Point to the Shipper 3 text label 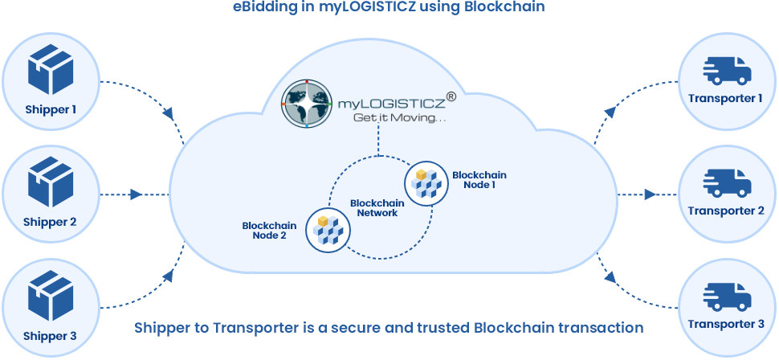point(51,336)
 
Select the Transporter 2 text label point(727,211)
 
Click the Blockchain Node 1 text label point(479,180)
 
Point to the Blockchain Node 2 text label point(269,231)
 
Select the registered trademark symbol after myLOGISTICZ point(451,96)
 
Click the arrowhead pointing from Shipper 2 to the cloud point(137,194)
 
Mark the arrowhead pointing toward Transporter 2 point(649,194)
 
